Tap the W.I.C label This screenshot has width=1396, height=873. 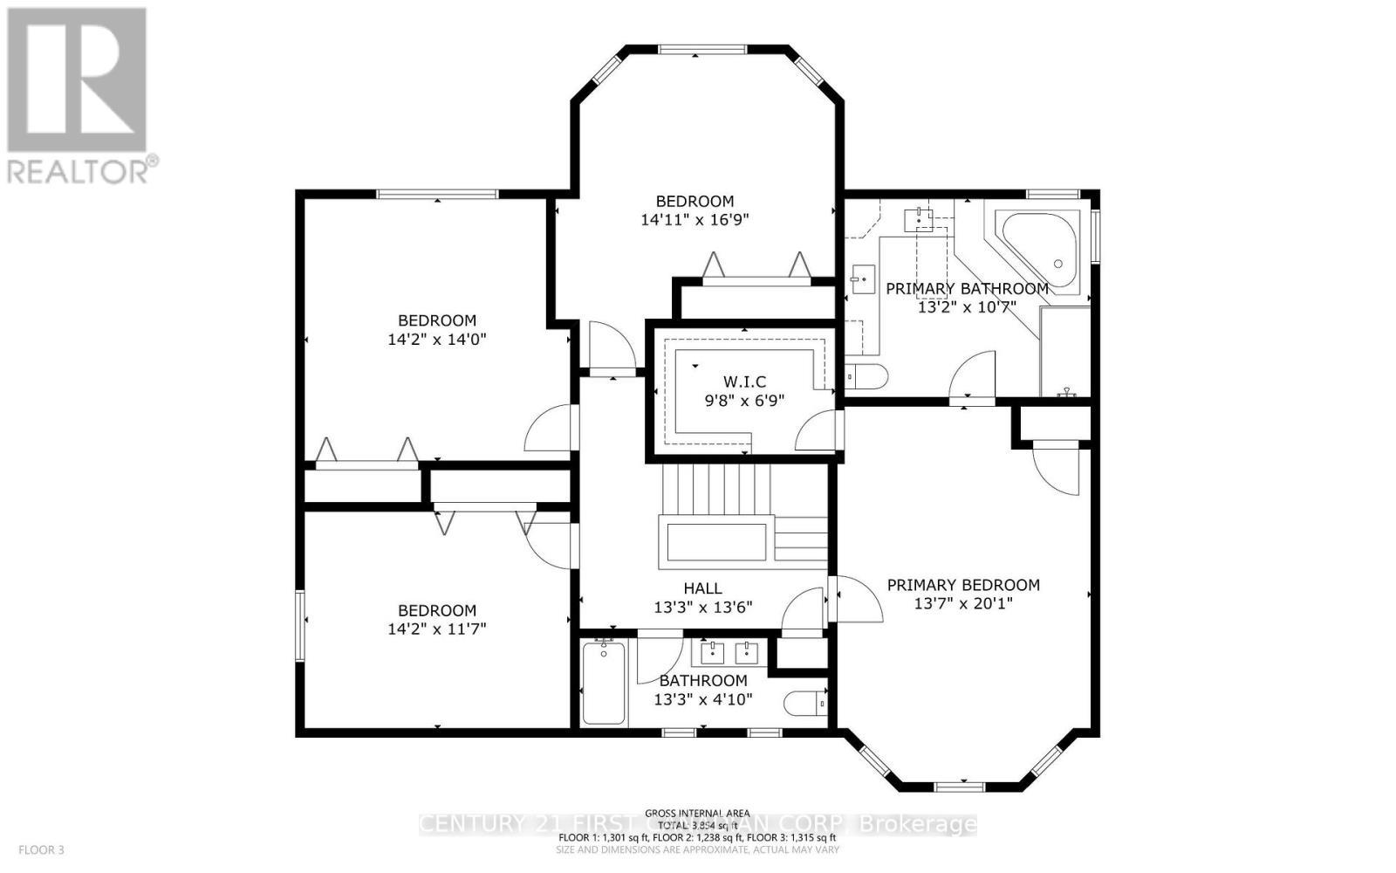[744, 382]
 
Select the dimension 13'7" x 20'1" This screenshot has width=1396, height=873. [963, 603]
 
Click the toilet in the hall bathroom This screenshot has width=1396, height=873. [804, 702]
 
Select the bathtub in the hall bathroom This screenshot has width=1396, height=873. [603, 682]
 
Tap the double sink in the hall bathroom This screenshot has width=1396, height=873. [729, 650]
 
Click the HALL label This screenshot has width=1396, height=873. [702, 588]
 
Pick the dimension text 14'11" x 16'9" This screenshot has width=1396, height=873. [695, 220]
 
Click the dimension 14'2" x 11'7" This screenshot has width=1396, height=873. [437, 629]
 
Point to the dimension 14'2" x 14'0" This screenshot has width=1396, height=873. [436, 339]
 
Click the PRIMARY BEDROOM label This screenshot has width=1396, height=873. [963, 585]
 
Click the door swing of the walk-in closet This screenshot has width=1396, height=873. [818, 430]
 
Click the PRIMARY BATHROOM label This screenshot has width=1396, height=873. [967, 288]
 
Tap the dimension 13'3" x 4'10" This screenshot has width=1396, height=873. [703, 699]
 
